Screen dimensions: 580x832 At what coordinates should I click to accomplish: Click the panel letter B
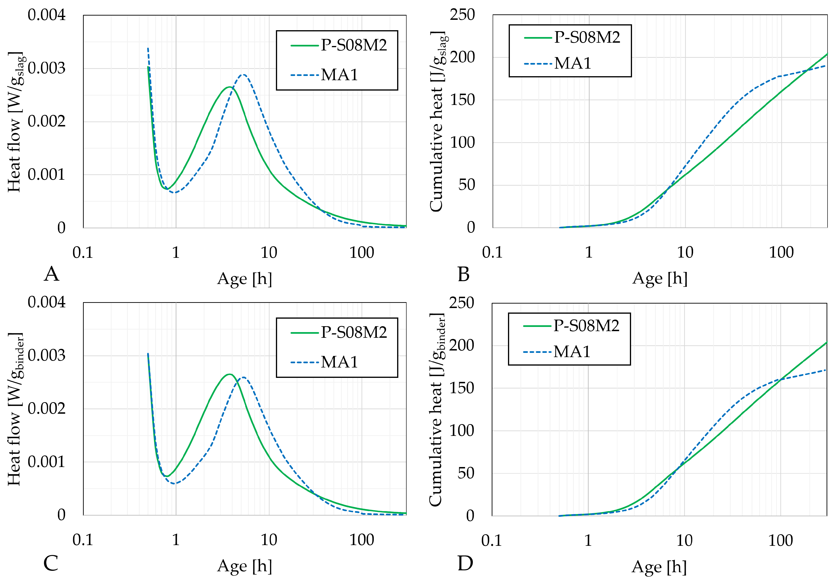point(463,274)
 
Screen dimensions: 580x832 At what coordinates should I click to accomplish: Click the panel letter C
point(51,564)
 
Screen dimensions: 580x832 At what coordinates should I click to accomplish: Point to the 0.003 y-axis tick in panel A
point(46,68)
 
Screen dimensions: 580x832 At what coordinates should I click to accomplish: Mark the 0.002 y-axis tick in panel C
point(46,409)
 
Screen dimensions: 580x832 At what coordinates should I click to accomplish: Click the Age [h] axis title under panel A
point(245,279)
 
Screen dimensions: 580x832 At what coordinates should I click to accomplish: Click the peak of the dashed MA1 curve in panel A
point(244,75)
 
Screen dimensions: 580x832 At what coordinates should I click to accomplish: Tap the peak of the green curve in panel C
point(229,374)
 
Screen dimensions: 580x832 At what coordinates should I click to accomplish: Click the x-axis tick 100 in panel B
point(781,252)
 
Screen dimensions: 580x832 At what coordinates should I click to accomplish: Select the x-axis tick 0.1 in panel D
point(491,540)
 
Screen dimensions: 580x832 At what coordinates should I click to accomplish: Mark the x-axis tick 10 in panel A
point(269,253)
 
